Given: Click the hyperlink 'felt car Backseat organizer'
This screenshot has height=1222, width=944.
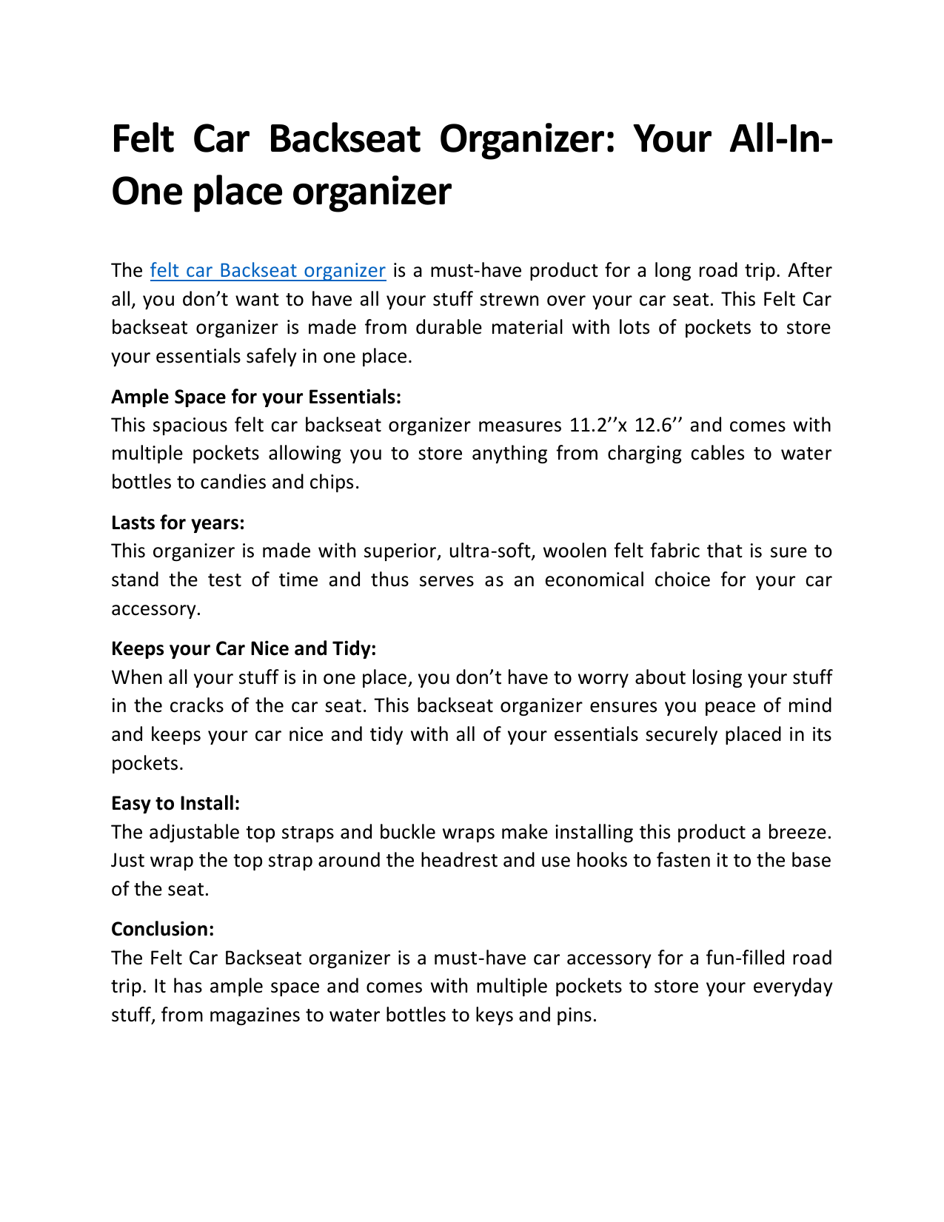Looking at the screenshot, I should click(x=267, y=271).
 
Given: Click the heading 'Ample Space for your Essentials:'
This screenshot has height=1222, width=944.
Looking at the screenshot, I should click(x=256, y=397).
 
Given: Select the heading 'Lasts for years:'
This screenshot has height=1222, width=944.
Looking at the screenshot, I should click(x=178, y=523).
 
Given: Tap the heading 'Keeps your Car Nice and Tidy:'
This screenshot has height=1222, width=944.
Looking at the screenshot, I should click(x=244, y=649).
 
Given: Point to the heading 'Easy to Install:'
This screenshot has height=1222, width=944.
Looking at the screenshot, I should click(x=175, y=804).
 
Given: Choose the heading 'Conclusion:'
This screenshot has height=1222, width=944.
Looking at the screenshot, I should click(x=163, y=930).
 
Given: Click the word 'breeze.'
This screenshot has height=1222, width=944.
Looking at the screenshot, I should click(x=800, y=833).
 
